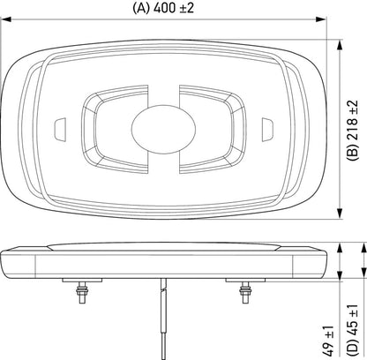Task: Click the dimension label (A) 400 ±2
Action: point(165,10)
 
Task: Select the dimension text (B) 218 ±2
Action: point(355,130)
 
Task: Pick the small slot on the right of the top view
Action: point(271,130)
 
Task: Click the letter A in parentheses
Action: point(141,10)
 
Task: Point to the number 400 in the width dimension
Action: point(166,10)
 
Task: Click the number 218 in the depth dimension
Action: point(355,124)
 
